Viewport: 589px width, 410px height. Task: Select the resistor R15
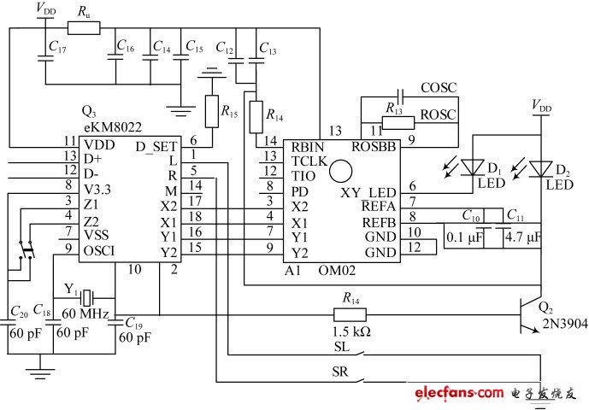click(211, 108)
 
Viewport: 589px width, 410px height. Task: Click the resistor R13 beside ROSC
click(394, 121)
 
